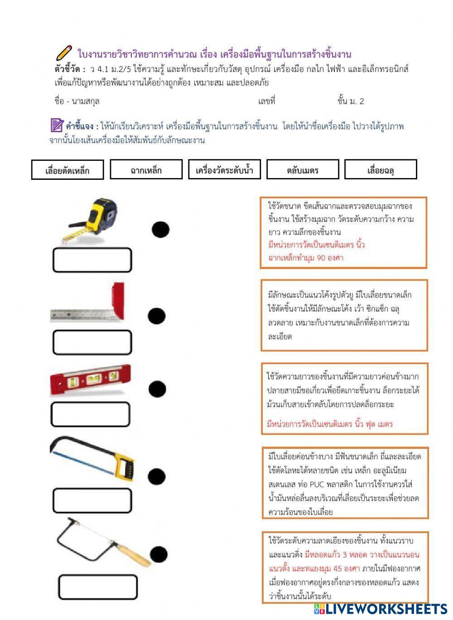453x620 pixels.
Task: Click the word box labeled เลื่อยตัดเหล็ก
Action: [x=67, y=170]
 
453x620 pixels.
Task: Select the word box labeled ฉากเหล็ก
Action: [x=146, y=170]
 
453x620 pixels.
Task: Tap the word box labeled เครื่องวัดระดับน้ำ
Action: [x=224, y=170]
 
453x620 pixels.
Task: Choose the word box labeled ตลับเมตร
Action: [x=303, y=170]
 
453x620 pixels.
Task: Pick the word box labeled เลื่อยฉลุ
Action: [x=381, y=170]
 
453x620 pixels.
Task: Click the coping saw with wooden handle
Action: [x=102, y=542]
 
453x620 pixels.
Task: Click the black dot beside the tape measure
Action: [x=160, y=230]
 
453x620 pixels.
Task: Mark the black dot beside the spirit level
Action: [x=157, y=389]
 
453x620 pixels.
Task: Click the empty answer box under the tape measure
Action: [x=92, y=260]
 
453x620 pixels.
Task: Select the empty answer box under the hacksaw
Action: [x=92, y=500]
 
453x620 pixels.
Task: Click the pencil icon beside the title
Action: [x=64, y=53]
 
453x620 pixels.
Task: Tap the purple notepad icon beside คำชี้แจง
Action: [x=57, y=125]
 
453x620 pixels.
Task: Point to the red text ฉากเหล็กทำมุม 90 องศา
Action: [x=306, y=258]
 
